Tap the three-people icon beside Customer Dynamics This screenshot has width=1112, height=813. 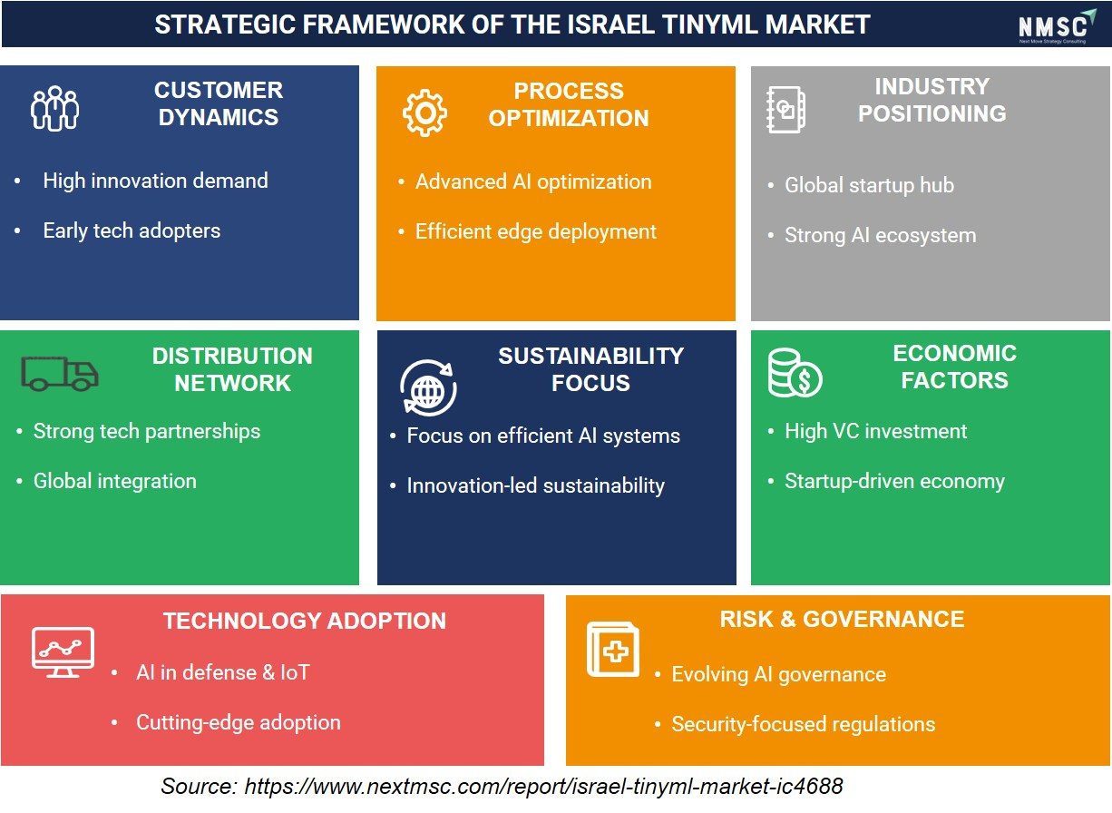click(54, 108)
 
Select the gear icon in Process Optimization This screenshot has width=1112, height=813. click(424, 113)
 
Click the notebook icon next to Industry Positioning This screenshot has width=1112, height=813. click(785, 110)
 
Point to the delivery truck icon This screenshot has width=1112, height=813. click(60, 373)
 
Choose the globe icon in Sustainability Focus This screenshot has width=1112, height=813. click(428, 387)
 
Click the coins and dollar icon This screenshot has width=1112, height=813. click(795, 373)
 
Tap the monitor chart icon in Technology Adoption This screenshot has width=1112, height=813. click(63, 652)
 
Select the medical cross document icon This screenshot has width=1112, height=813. click(613, 649)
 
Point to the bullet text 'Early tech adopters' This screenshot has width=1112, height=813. click(132, 231)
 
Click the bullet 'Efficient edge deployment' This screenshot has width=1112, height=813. click(536, 232)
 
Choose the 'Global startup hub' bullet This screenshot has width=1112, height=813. click(869, 185)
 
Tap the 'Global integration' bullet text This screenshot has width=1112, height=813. click(114, 481)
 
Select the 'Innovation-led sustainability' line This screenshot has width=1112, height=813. click(536, 485)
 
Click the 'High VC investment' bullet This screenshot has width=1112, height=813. click(875, 431)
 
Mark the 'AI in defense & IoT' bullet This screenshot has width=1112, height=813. click(223, 672)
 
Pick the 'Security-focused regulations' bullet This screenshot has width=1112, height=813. click(804, 724)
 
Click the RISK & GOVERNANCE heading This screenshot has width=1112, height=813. click(842, 620)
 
